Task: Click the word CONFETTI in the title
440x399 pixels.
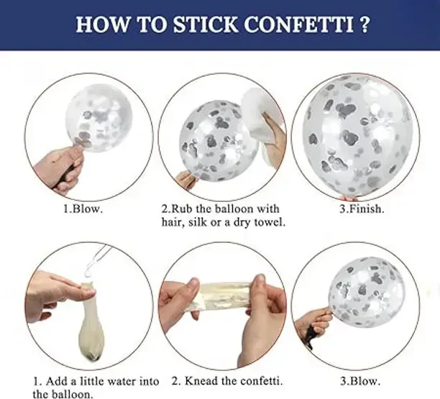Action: pos(298,24)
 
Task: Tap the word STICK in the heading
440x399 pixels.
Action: pos(206,24)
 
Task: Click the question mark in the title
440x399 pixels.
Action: pos(363,24)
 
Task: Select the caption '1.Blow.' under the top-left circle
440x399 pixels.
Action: pos(83,209)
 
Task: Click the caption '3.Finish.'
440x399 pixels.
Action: pos(362,209)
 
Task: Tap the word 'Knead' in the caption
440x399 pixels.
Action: pos(201,381)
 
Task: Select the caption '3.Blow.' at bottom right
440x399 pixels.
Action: pos(360,381)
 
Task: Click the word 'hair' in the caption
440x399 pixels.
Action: pos(173,222)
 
